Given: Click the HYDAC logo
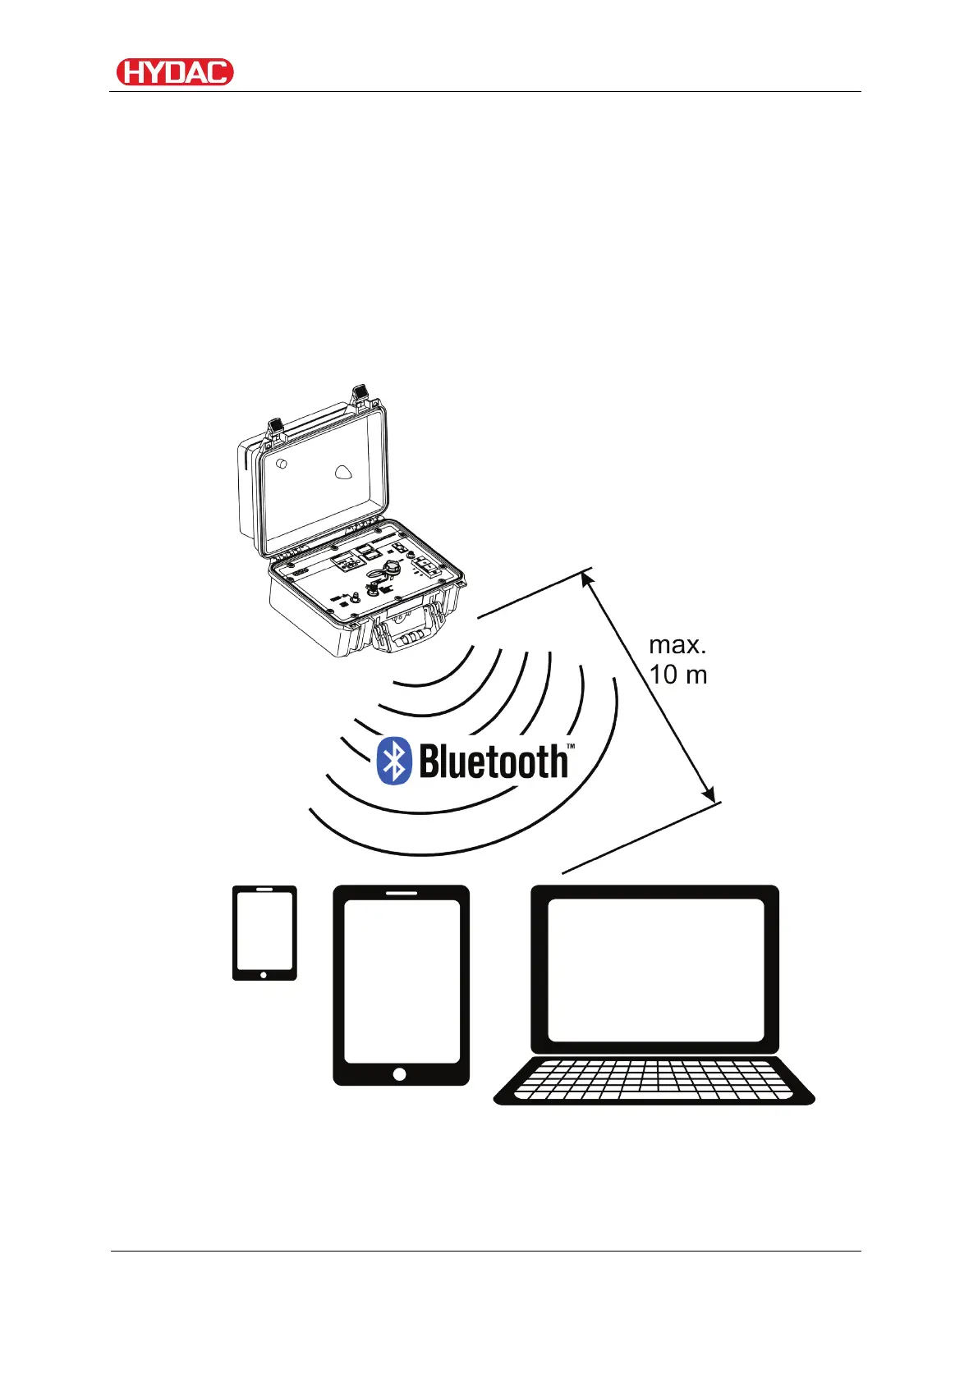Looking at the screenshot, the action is (175, 72).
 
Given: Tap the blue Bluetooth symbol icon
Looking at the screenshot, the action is (393, 761).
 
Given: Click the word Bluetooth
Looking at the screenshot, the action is (493, 762).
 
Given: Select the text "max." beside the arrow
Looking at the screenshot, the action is (677, 645).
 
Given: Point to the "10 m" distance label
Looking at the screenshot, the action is (678, 675).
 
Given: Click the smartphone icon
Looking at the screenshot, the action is (264, 932).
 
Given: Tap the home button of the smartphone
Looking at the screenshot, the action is (264, 975).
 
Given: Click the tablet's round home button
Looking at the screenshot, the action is (400, 1074).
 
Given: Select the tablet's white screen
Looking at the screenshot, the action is (401, 981).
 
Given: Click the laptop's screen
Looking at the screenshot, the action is (655, 969).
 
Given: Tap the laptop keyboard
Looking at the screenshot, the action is (654, 1079).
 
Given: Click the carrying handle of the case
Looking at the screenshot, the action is (409, 636).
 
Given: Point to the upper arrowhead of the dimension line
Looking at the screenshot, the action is (586, 579).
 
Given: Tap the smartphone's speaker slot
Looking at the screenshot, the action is (264, 890).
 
